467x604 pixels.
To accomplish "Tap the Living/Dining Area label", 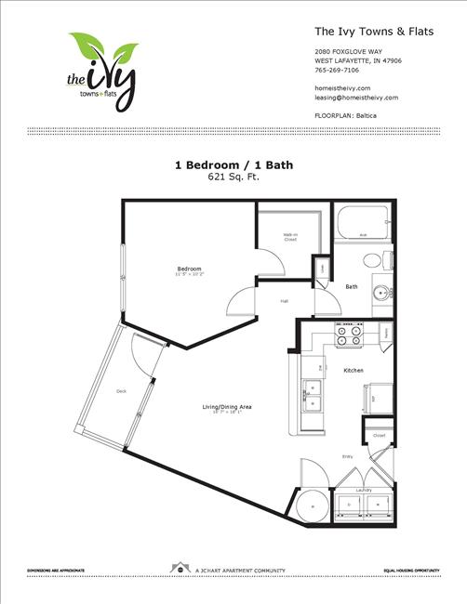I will coord(228,407).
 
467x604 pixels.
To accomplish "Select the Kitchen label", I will coord(353,371).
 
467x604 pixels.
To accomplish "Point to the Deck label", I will coord(121,391).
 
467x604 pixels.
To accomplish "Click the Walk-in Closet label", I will coord(290,237).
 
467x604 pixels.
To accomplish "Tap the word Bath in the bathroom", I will coord(352,286).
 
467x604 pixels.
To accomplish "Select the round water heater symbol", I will coord(313,505).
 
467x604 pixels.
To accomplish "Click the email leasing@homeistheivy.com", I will coord(357,97).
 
